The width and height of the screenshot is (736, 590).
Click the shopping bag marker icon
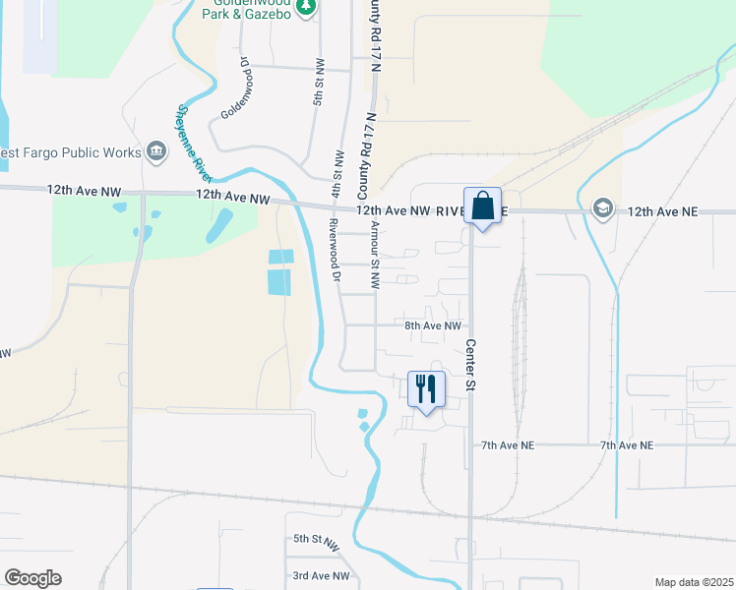click(x=482, y=206)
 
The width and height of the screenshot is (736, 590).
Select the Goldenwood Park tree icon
click(x=306, y=7)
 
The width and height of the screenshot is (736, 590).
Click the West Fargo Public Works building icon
click(x=155, y=151)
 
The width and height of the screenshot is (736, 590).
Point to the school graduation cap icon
click(x=601, y=209)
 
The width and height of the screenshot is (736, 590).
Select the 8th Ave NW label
click(x=433, y=325)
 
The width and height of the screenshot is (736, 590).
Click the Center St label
click(x=470, y=365)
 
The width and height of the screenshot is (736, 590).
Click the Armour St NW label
click(x=375, y=254)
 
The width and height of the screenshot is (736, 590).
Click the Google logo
click(x=32, y=578)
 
